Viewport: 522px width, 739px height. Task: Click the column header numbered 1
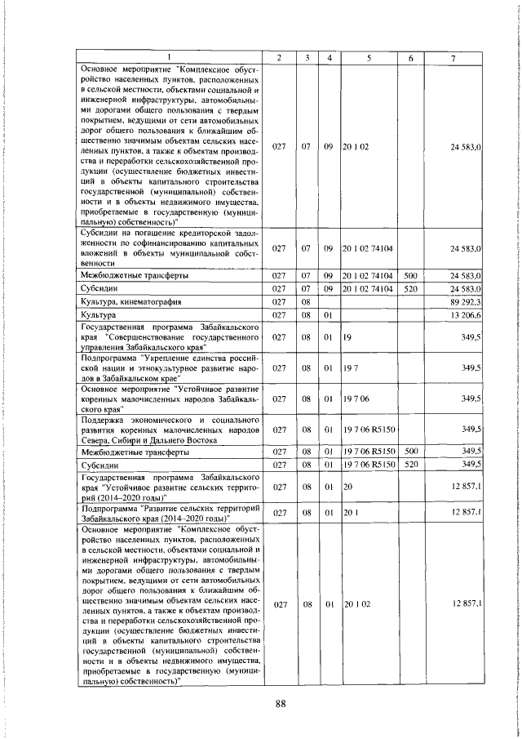pos(170,56)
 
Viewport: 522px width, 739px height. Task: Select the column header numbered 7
pos(453,56)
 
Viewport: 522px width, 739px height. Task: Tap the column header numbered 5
pos(369,56)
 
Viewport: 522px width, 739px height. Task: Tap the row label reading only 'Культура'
pos(100,315)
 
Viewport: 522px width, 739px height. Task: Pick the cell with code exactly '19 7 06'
pos(356,398)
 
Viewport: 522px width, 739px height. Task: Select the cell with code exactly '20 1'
pos(351,512)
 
